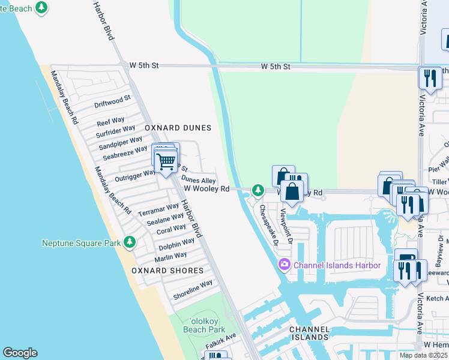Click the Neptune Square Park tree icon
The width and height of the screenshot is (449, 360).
[129, 242]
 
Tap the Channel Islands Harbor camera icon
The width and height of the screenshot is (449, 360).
[284, 265]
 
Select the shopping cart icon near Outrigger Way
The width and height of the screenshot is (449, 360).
[166, 161]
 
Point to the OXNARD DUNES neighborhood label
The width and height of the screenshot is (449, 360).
[178, 128]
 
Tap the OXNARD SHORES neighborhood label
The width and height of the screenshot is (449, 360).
[167, 271]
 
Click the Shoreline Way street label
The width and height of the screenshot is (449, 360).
[193, 290]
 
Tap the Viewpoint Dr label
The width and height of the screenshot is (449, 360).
[288, 226]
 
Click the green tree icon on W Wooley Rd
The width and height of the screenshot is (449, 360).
[258, 190]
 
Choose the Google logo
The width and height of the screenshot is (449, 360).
[20, 353]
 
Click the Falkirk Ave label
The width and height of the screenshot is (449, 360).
[220, 340]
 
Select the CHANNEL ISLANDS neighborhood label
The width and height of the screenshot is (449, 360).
[309, 334]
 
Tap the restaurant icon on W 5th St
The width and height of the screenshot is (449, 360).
[430, 77]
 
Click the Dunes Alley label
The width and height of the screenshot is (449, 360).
[199, 180]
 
